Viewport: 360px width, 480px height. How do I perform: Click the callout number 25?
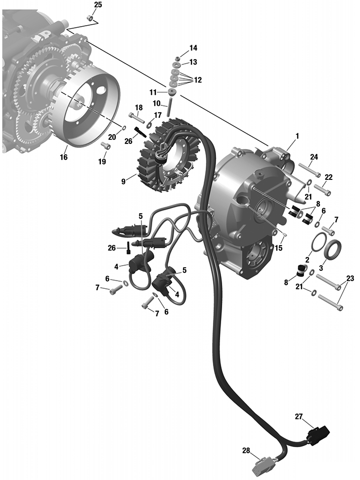(x=98, y=5)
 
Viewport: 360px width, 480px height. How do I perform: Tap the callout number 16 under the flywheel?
(x=63, y=157)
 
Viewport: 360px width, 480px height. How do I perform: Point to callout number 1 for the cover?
(x=297, y=136)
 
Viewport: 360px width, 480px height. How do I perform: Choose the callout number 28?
(x=246, y=451)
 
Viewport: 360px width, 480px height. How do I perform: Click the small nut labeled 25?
(x=90, y=19)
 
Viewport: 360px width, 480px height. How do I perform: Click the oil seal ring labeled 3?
(x=334, y=249)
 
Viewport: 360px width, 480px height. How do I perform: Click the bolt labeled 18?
(x=136, y=118)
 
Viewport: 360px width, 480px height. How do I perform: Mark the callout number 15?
(x=279, y=248)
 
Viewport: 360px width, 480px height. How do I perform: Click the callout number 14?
(x=193, y=48)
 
